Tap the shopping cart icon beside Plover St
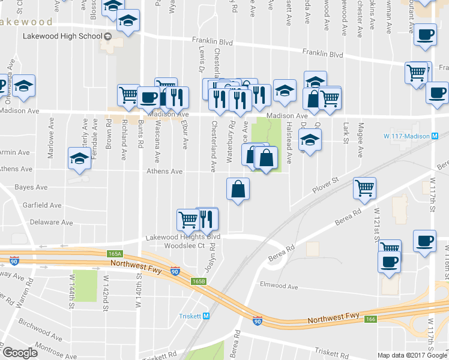pos(364,188)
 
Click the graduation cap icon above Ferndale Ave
pos(79,158)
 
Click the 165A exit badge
pos(115,254)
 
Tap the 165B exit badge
pos(199,281)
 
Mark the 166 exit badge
pos(370,319)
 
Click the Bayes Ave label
pos(31,187)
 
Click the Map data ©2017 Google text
pos(412,355)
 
